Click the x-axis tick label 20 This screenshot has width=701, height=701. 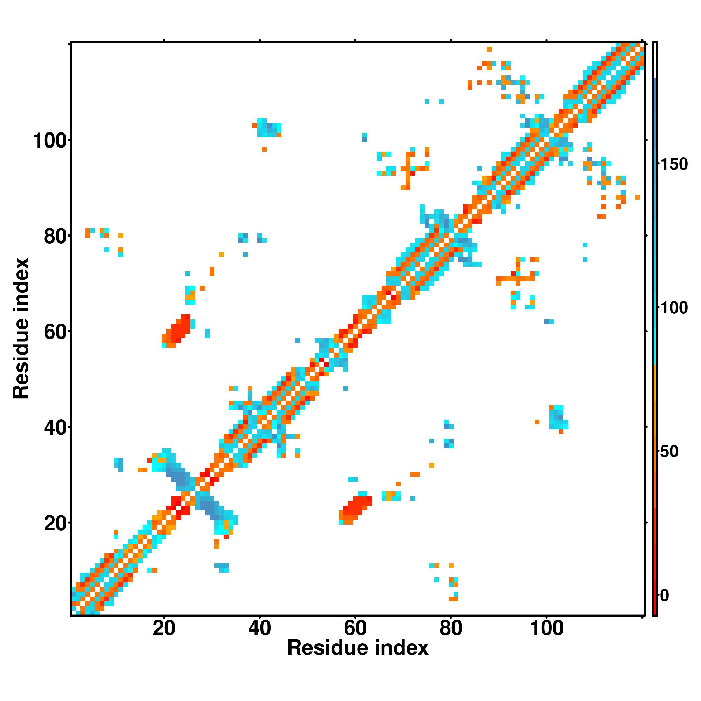pos(164,628)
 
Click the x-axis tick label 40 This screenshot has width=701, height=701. pos(259,628)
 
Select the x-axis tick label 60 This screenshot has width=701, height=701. pos(355,628)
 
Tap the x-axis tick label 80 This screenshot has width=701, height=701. pos(451,628)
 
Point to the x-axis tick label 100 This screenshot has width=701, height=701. pos(546,628)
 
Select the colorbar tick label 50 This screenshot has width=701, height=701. pos(669,452)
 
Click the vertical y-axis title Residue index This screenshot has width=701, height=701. pos(21,329)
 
